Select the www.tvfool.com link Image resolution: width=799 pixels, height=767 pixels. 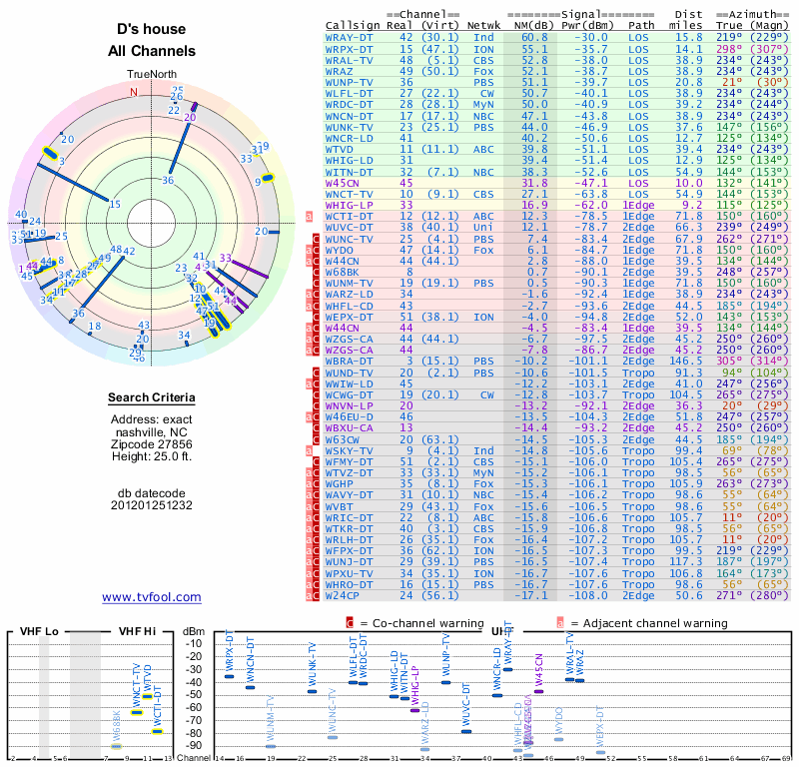(151, 597)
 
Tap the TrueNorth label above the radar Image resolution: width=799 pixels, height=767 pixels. (151, 74)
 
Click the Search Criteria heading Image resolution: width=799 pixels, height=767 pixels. (151, 398)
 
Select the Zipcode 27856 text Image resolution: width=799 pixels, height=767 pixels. (151, 441)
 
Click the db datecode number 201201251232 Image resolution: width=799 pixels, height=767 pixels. (151, 505)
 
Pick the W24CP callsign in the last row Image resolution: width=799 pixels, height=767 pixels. (343, 595)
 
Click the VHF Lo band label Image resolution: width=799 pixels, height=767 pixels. (40, 632)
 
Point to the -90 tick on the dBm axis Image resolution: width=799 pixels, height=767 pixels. (193, 745)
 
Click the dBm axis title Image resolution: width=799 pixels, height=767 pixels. (193, 632)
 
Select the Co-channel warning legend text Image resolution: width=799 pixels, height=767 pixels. (409, 623)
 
